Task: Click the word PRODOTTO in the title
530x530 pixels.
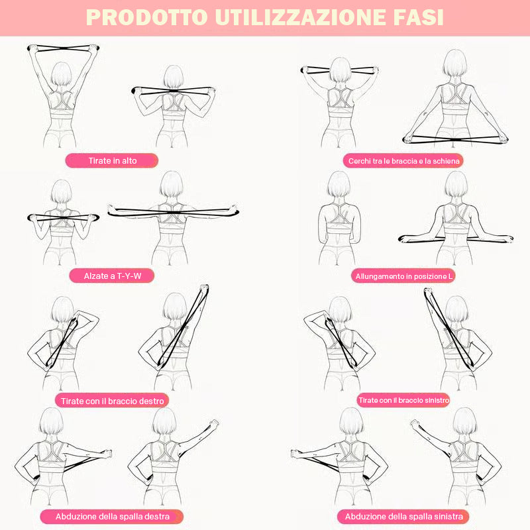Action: tap(146, 17)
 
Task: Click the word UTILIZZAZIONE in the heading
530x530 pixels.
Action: tap(300, 17)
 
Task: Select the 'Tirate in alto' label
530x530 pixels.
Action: tap(112, 160)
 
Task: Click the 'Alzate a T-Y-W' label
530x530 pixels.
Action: tap(112, 276)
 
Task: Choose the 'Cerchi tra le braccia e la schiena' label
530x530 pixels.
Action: tap(403, 161)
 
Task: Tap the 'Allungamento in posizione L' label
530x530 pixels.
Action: tap(403, 276)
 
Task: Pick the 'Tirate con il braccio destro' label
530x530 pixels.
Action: tap(112, 401)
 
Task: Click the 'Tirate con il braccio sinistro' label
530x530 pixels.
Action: tap(403, 400)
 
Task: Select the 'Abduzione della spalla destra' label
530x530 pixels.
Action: tap(112, 517)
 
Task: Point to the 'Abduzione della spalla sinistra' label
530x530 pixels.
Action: tap(403, 517)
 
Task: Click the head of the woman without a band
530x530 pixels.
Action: tap(339, 184)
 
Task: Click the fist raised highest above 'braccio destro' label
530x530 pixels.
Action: tap(204, 288)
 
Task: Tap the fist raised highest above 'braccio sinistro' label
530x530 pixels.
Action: tap(428, 291)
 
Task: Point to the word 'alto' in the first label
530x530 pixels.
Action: tap(129, 160)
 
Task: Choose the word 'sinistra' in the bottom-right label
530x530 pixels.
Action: tap(448, 517)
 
